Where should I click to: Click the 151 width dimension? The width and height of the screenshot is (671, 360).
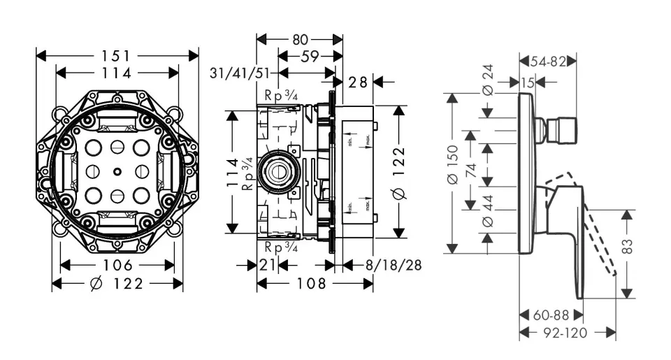117,55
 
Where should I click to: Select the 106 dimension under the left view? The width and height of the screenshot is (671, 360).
117,265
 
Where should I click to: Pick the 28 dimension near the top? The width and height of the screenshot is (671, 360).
358,82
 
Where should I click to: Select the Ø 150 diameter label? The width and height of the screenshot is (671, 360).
452,164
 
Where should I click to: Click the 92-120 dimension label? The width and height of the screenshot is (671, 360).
565,333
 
